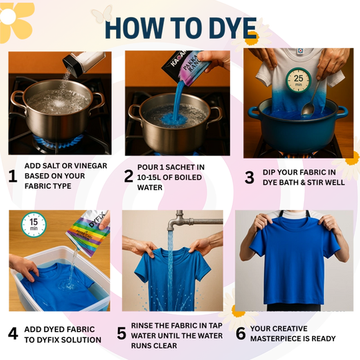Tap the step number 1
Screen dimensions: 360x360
click(x=12, y=176)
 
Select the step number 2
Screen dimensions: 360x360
click(x=129, y=176)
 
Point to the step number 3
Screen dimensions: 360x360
click(x=249, y=177)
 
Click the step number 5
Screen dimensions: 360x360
click(x=121, y=333)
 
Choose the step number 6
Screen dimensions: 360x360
click(x=241, y=333)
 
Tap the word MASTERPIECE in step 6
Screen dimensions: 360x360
click(x=275, y=339)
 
